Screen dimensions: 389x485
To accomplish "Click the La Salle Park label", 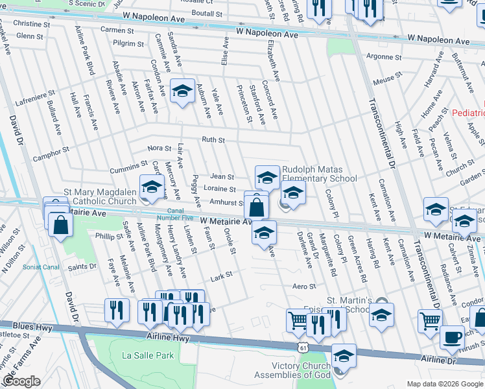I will click(148, 355).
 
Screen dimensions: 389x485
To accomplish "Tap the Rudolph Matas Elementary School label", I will click(319, 174).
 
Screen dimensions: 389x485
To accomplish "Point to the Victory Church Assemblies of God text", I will click(284, 370).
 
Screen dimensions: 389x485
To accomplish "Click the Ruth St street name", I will click(213, 140).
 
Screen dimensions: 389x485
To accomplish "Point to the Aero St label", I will click(303, 286).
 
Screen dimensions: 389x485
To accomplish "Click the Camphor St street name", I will click(51, 154).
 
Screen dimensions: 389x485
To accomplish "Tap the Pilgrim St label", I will click(128, 43).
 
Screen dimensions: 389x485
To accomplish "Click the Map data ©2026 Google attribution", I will click(445, 384).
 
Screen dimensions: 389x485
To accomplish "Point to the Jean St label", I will click(222, 176).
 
